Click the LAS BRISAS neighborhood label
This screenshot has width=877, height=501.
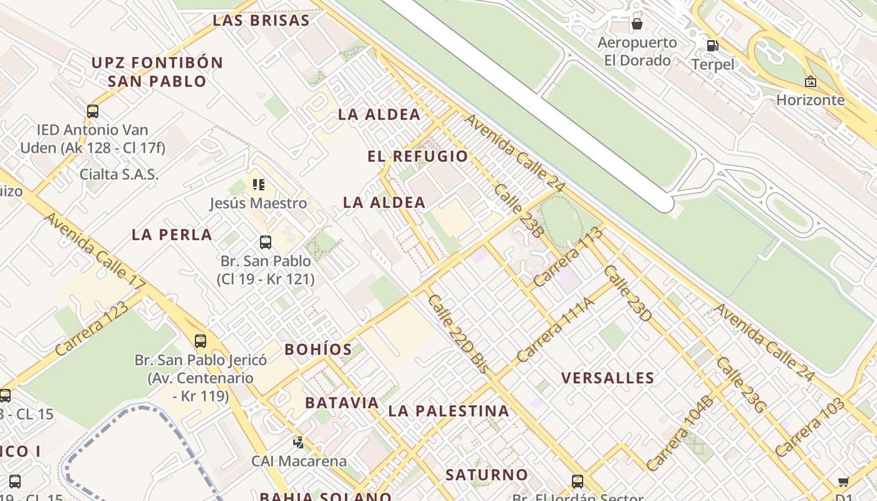point(261,20)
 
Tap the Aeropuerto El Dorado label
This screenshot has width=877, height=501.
point(637,51)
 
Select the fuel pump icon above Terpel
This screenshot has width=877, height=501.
point(712,45)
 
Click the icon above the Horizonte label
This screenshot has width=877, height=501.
point(811,81)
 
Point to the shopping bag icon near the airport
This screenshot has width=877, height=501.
point(637,24)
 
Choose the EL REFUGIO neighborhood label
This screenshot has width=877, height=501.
point(418,157)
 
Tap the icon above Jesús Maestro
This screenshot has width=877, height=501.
point(258,185)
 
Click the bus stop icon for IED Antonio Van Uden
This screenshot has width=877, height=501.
point(93,111)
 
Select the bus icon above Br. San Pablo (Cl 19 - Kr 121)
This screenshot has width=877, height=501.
point(266,242)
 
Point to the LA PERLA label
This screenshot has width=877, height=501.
point(172,235)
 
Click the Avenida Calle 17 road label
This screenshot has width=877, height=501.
point(95,250)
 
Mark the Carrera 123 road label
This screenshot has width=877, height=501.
point(91,329)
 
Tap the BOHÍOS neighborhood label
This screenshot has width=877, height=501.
point(318,349)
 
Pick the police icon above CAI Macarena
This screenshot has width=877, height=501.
point(299,443)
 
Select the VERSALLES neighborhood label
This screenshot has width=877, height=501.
point(608,378)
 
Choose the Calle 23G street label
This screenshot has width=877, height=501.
point(741,385)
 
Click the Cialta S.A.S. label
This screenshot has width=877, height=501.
point(119,174)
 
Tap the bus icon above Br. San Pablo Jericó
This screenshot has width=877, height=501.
point(200,341)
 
